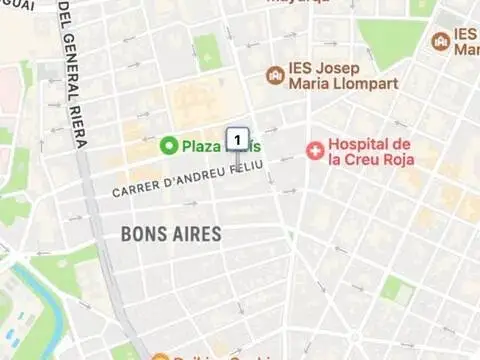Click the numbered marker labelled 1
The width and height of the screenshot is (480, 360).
pyautogui.click(x=237, y=138)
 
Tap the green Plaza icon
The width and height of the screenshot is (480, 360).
pyautogui.click(x=169, y=146)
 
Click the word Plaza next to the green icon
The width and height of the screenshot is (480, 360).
pyautogui.click(x=200, y=146)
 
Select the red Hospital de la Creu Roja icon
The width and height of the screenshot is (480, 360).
pyautogui.click(x=316, y=150)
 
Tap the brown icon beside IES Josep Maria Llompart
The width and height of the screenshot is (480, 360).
pyautogui.click(x=275, y=75)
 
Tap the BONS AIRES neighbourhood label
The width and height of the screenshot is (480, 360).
pyautogui.click(x=170, y=234)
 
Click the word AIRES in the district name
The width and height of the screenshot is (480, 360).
pyautogui.click(x=197, y=234)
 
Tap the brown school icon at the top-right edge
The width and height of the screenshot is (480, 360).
pyautogui.click(x=440, y=41)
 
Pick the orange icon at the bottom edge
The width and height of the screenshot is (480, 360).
pyautogui.click(x=160, y=356)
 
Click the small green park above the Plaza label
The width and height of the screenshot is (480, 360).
pyautogui.click(x=207, y=51)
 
